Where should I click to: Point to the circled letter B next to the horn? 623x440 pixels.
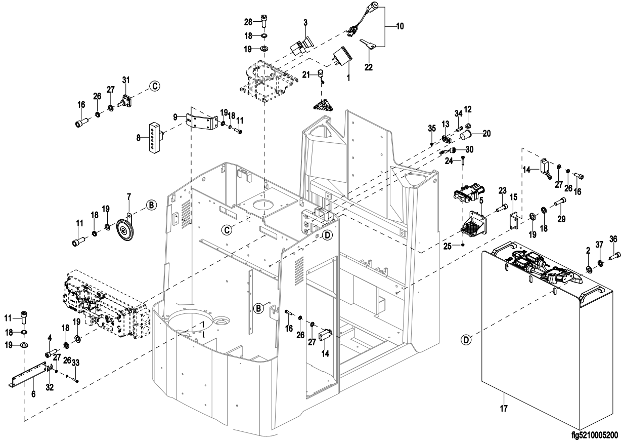[x=151, y=205]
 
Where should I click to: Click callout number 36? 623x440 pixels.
[x=613, y=239]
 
